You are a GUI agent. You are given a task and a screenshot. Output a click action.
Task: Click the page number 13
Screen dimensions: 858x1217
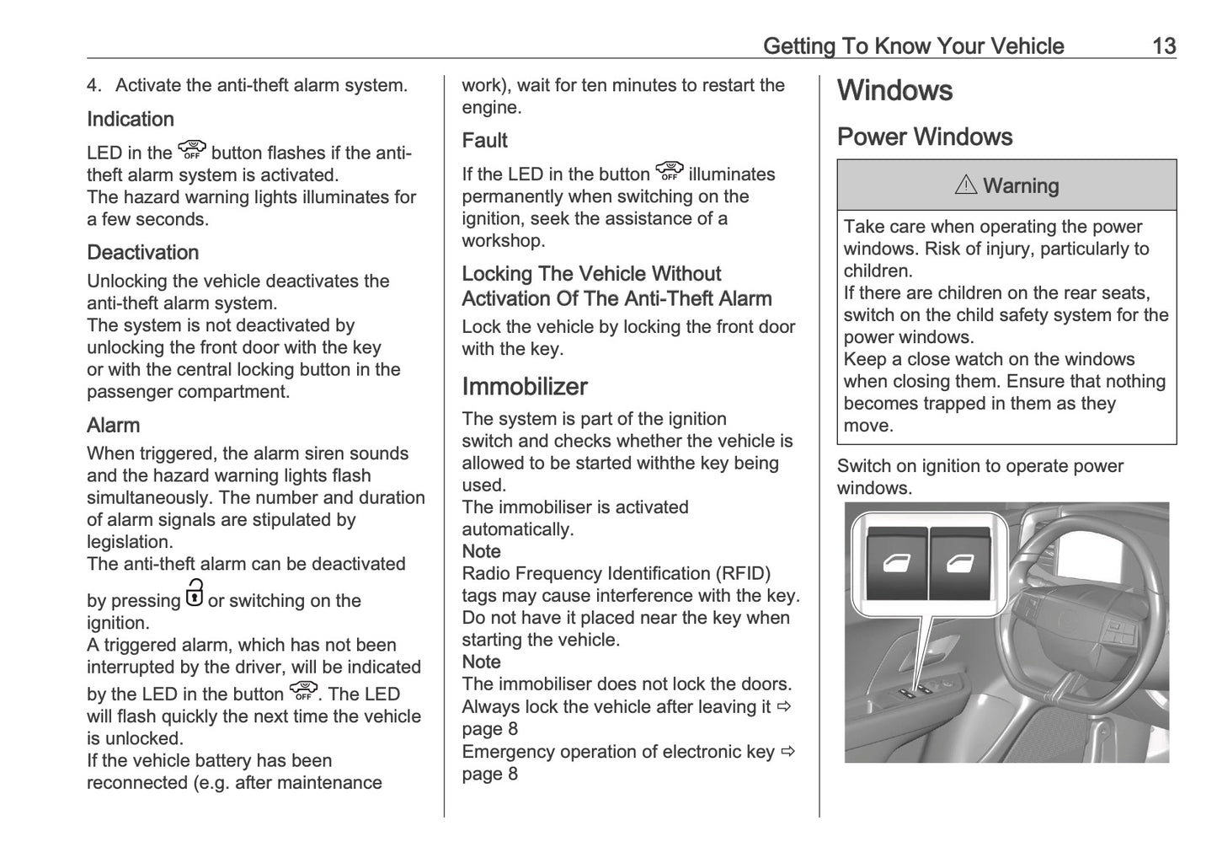[1163, 46]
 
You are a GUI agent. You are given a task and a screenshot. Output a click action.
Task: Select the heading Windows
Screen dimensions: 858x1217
[894, 91]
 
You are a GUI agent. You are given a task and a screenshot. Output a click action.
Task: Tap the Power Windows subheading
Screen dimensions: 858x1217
[924, 137]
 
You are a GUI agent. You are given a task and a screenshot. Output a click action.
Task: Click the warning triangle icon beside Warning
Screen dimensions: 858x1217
[965, 185]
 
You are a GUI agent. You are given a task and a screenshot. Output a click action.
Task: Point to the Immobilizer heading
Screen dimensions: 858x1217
[524, 387]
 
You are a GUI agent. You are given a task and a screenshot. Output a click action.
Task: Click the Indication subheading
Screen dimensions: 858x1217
[131, 120]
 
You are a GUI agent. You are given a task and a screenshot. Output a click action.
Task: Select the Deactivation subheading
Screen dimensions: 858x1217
[142, 253]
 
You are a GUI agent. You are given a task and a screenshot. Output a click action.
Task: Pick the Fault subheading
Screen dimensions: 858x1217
[484, 141]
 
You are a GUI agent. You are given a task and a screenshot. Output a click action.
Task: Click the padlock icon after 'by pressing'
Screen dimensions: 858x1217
[194, 593]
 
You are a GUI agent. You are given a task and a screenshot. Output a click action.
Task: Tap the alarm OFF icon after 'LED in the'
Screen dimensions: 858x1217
[192, 150]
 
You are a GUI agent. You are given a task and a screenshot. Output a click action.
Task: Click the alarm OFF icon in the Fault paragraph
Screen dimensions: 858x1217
[669, 171]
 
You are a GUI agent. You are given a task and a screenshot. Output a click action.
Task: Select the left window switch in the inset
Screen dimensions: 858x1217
[897, 564]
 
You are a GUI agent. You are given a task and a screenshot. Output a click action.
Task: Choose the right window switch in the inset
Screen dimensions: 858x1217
[959, 564]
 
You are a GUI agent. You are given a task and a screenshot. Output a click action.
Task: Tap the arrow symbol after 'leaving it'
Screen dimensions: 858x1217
[785, 706]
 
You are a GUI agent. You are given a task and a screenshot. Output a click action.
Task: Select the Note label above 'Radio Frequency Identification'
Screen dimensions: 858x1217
[481, 552]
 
